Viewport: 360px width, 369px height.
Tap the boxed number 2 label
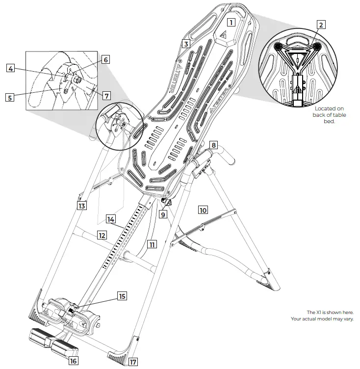[321, 25]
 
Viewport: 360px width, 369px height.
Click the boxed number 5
[9, 97]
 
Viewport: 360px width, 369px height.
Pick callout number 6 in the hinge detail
[105, 59]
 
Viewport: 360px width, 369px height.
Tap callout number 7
[107, 95]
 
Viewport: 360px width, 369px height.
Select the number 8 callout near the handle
[213, 145]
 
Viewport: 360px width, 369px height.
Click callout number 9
[163, 214]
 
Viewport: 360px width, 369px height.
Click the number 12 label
[102, 235]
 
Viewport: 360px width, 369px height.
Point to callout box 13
[82, 206]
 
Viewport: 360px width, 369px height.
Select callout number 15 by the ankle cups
[122, 296]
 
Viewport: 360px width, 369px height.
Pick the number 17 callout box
[133, 362]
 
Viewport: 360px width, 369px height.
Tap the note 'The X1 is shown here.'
[330, 312]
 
